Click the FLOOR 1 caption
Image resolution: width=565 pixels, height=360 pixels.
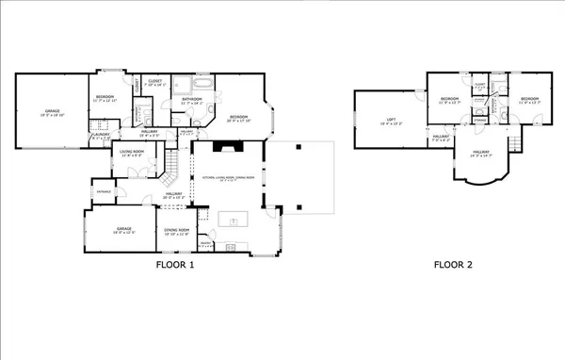click(174, 265)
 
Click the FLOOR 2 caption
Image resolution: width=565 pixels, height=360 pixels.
click(453, 265)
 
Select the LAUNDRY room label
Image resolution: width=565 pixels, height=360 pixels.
click(101, 138)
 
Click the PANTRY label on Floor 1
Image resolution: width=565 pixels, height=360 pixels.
click(205, 244)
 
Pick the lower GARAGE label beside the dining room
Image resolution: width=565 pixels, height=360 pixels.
click(124, 229)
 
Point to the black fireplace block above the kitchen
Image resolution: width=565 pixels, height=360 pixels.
click(227, 146)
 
